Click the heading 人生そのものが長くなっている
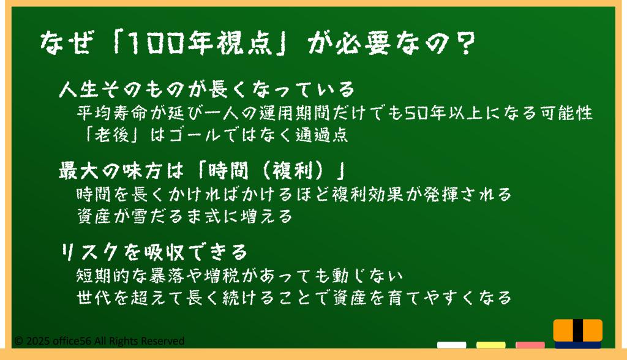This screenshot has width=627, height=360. (x=206, y=89)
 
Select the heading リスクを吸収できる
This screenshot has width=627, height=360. (x=154, y=252)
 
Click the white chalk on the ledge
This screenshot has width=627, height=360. (x=451, y=345)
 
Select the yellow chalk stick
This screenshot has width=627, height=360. (x=490, y=345)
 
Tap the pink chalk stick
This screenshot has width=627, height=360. (x=530, y=345)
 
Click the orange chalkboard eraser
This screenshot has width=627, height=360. (x=578, y=333)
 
